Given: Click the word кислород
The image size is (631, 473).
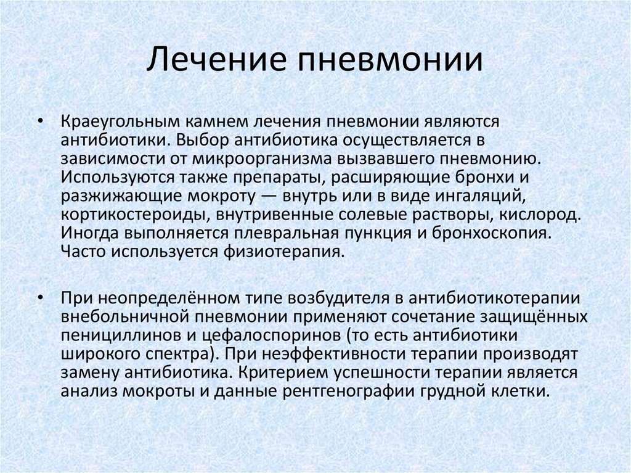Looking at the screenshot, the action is [x=540, y=215].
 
